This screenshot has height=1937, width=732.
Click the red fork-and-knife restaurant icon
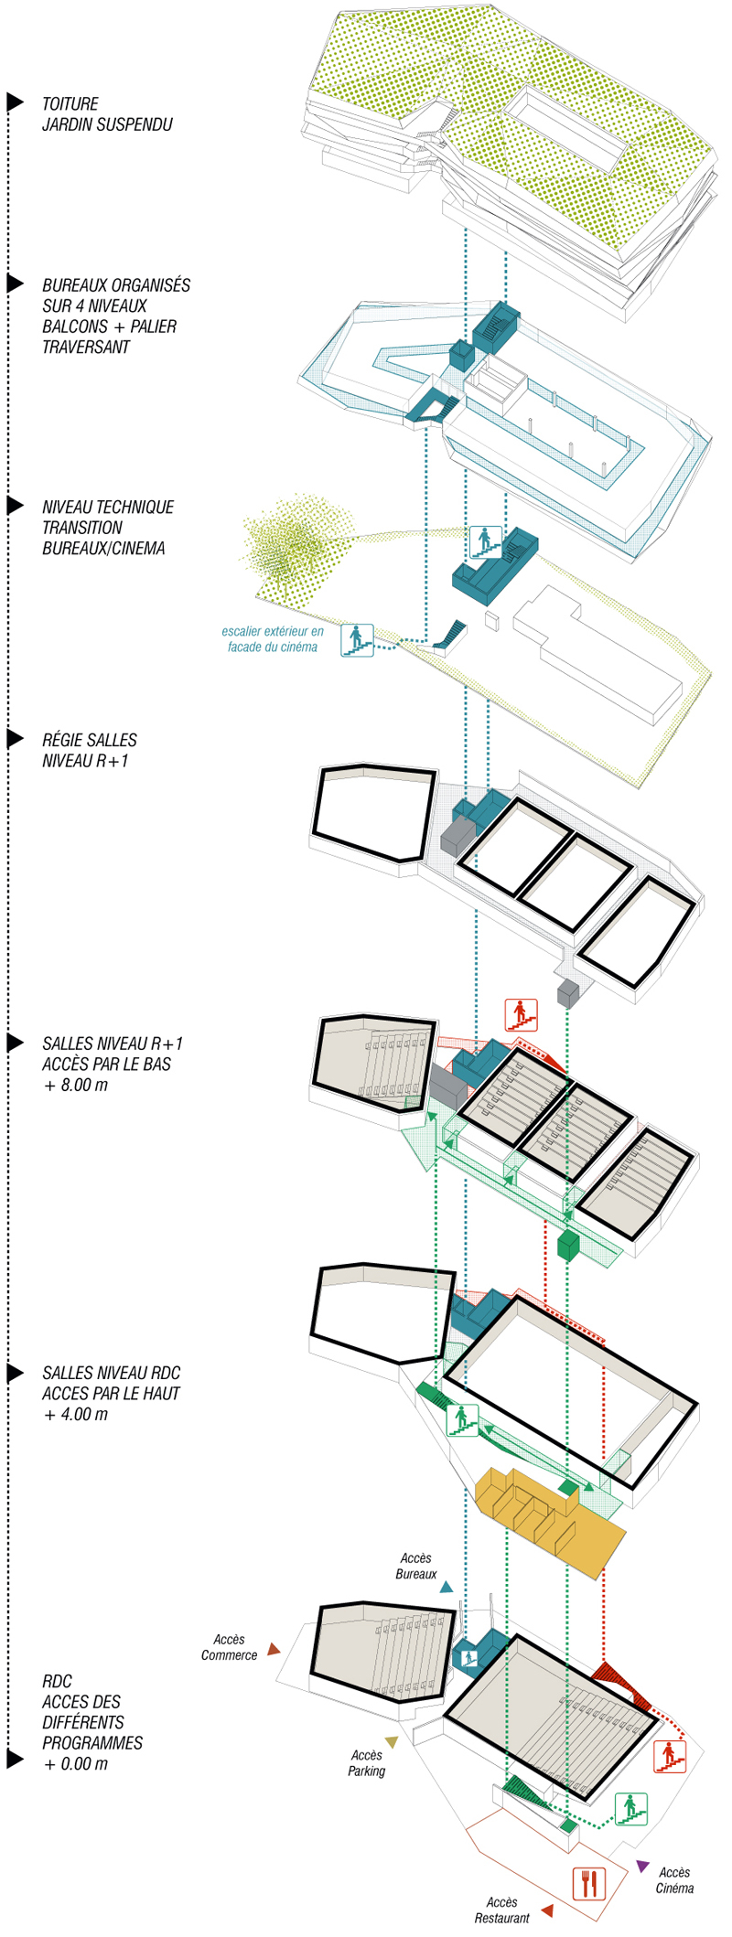pyautogui.click(x=588, y=1883)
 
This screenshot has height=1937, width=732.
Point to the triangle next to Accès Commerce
pyautogui.click(x=273, y=1649)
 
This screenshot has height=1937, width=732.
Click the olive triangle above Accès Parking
pyautogui.click(x=392, y=1742)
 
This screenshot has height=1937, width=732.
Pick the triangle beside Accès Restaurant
pyautogui.click(x=547, y=1910)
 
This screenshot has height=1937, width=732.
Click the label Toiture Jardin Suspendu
pyautogui.click(x=107, y=114)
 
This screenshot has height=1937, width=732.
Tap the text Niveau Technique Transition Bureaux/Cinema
pyautogui.click(x=108, y=528)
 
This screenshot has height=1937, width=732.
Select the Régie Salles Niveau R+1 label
pyautogui.click(x=90, y=750)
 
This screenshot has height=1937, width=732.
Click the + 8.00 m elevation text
pyautogui.click(x=75, y=1086)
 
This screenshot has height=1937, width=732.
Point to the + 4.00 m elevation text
pyautogui.click(x=75, y=1415)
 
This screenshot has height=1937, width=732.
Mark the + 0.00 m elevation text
pyautogui.click(x=75, y=1764)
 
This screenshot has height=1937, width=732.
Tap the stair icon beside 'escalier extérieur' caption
pyautogui.click(x=357, y=639)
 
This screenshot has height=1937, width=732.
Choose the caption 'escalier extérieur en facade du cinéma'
pyautogui.click(x=273, y=639)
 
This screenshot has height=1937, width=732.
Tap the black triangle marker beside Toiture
pyautogui.click(x=15, y=102)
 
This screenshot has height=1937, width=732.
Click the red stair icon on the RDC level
pyautogui.click(x=670, y=1756)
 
